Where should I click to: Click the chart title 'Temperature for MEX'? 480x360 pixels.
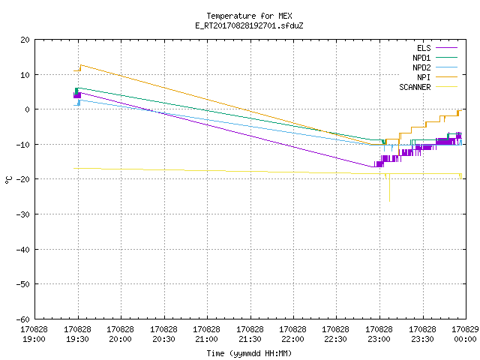(x=249, y=16)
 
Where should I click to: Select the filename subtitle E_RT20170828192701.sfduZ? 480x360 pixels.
(x=249, y=25)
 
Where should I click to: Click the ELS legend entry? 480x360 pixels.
(x=437, y=48)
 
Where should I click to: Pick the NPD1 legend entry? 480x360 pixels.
(x=435, y=58)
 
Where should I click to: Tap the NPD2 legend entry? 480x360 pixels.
(x=435, y=67)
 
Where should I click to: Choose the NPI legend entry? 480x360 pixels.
(x=437, y=77)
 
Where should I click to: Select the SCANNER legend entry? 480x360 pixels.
(x=428, y=87)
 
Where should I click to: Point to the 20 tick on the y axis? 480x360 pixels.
(x=25, y=40)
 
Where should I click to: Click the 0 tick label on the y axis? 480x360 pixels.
(x=27, y=109)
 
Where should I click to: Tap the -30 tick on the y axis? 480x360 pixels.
(x=23, y=214)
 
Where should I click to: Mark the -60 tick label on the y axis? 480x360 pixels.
(x=23, y=319)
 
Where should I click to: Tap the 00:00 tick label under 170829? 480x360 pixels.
(x=465, y=339)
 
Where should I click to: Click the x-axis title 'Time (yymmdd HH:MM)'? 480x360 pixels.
(x=249, y=353)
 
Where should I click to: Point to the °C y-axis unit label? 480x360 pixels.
(x=8, y=180)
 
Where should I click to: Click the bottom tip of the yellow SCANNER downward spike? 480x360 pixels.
(x=389, y=201)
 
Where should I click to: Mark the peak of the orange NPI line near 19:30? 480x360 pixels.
(x=81, y=65)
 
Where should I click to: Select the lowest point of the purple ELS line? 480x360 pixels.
(x=372, y=166)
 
